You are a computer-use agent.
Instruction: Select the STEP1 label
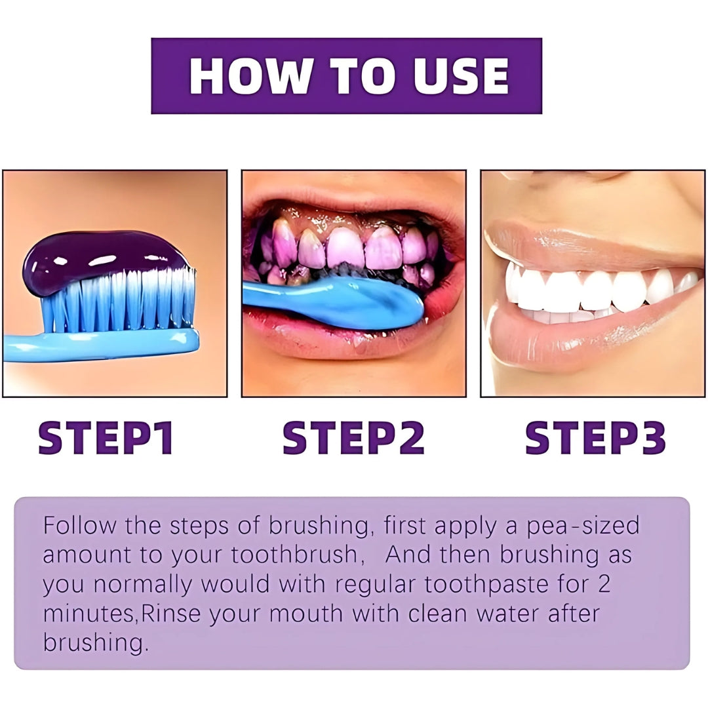coord(106,437)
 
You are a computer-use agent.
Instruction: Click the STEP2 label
coord(353,437)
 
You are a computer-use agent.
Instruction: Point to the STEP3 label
coord(595,437)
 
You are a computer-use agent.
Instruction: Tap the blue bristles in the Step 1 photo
coord(118,300)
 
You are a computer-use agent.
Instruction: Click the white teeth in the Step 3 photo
coord(596,291)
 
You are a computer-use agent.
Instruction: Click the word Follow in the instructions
coord(80,525)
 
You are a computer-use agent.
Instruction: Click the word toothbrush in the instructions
coord(294,555)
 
